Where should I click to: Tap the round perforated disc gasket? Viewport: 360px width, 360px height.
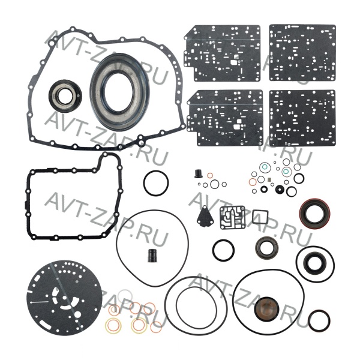pyautogui.click(x=64, y=298)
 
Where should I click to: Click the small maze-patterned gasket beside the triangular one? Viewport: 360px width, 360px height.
pyautogui.click(x=232, y=217)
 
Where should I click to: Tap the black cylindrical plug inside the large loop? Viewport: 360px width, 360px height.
pyautogui.click(x=152, y=256)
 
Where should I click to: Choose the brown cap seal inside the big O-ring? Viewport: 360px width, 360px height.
pyautogui.click(x=266, y=308)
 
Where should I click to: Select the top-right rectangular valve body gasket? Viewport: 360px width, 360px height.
pyautogui.click(x=302, y=53)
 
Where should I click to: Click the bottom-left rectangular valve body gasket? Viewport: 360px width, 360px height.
pyautogui.click(x=224, y=118)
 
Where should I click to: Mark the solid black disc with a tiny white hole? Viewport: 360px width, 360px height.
pyautogui.click(x=280, y=189)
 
